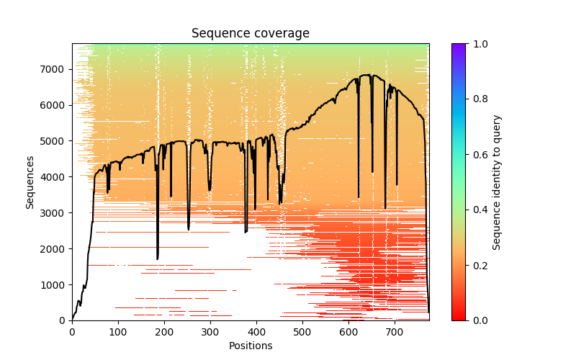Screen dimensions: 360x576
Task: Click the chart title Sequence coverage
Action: (250, 33)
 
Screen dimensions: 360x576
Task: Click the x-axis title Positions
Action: (250, 346)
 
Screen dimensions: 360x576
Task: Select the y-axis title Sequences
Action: (30, 182)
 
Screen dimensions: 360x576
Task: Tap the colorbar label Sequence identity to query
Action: (497, 182)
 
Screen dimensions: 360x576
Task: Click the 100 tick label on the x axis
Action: (118, 332)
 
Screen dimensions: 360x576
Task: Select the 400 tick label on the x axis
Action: (256, 332)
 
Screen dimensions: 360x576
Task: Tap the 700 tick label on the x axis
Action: (395, 332)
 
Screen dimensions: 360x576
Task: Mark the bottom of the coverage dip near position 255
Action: (189, 230)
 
